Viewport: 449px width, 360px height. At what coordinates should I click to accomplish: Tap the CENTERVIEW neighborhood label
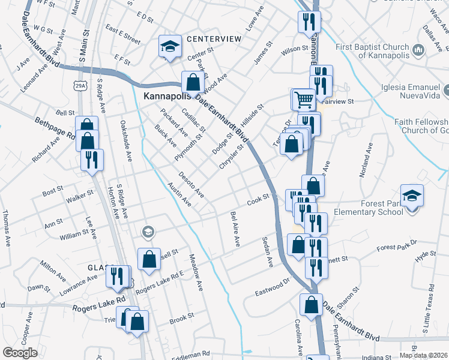click(x=214, y=39)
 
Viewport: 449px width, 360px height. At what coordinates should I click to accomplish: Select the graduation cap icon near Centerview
click(x=170, y=46)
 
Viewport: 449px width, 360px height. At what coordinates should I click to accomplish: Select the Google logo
click(x=20, y=353)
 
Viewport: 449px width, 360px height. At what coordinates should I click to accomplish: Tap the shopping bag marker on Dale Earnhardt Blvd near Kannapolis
click(x=191, y=82)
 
